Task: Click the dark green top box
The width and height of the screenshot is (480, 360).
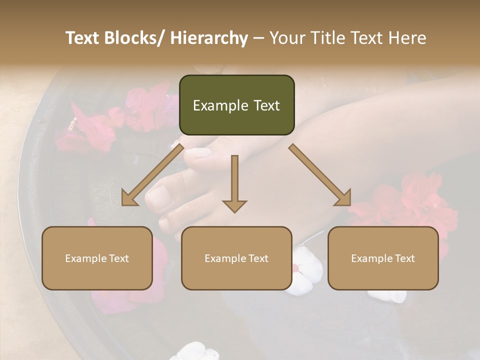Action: [x=236, y=105]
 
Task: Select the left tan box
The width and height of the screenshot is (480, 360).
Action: [x=97, y=258]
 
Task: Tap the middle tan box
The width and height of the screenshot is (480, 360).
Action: [x=236, y=258]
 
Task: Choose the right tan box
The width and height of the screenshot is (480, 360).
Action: [x=383, y=258]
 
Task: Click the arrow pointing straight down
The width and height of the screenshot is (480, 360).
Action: [x=234, y=185]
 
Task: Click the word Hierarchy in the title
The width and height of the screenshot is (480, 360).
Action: [x=209, y=38]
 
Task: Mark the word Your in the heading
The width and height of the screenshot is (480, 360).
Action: [x=285, y=38]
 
